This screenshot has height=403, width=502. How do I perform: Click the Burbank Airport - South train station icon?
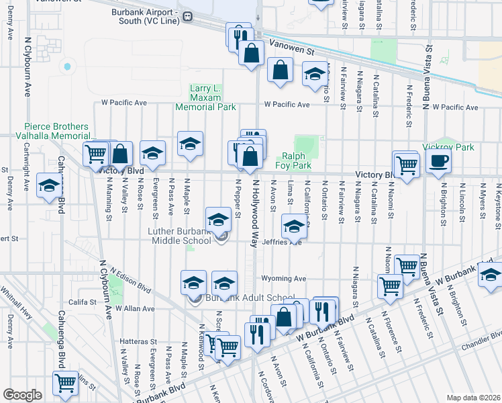point(189,15)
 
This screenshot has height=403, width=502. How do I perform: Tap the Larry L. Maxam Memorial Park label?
point(206,97)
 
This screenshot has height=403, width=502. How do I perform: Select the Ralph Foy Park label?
point(293,161)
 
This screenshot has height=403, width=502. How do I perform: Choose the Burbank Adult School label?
point(250,298)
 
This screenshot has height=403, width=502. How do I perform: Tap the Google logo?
point(22,395)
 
